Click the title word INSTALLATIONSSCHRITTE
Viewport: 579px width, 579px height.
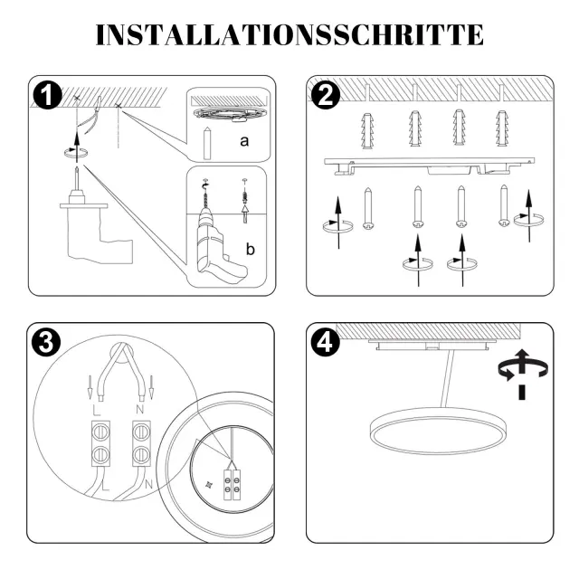289,35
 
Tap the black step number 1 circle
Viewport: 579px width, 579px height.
48,95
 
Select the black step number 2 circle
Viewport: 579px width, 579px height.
326,95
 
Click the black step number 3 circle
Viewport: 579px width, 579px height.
46,342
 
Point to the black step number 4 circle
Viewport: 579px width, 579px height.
326,342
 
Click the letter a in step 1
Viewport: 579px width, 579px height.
244,141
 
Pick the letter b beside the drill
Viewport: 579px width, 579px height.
251,249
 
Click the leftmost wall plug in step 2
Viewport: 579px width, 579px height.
367,130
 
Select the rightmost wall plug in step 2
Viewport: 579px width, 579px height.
502,128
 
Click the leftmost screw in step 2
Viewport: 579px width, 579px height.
368,209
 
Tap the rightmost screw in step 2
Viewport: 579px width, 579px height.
505,205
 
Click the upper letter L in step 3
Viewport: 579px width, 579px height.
97,410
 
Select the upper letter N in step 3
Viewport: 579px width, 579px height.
140,409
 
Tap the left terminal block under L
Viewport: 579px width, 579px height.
100,443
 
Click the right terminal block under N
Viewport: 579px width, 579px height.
141,443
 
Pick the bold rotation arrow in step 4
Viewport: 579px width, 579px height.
522,373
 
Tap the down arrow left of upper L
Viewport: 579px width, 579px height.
90,387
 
